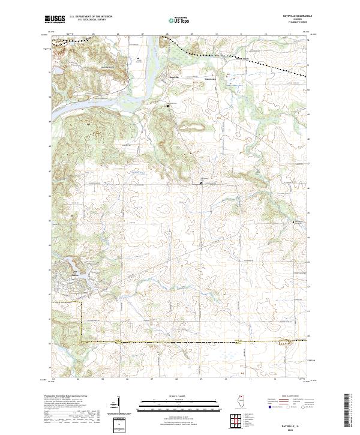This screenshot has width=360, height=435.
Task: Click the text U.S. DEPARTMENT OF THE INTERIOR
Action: coord(90,17)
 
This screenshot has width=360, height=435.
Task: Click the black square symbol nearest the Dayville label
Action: coord(168,106)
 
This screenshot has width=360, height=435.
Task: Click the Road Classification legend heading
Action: coord(285,397)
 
